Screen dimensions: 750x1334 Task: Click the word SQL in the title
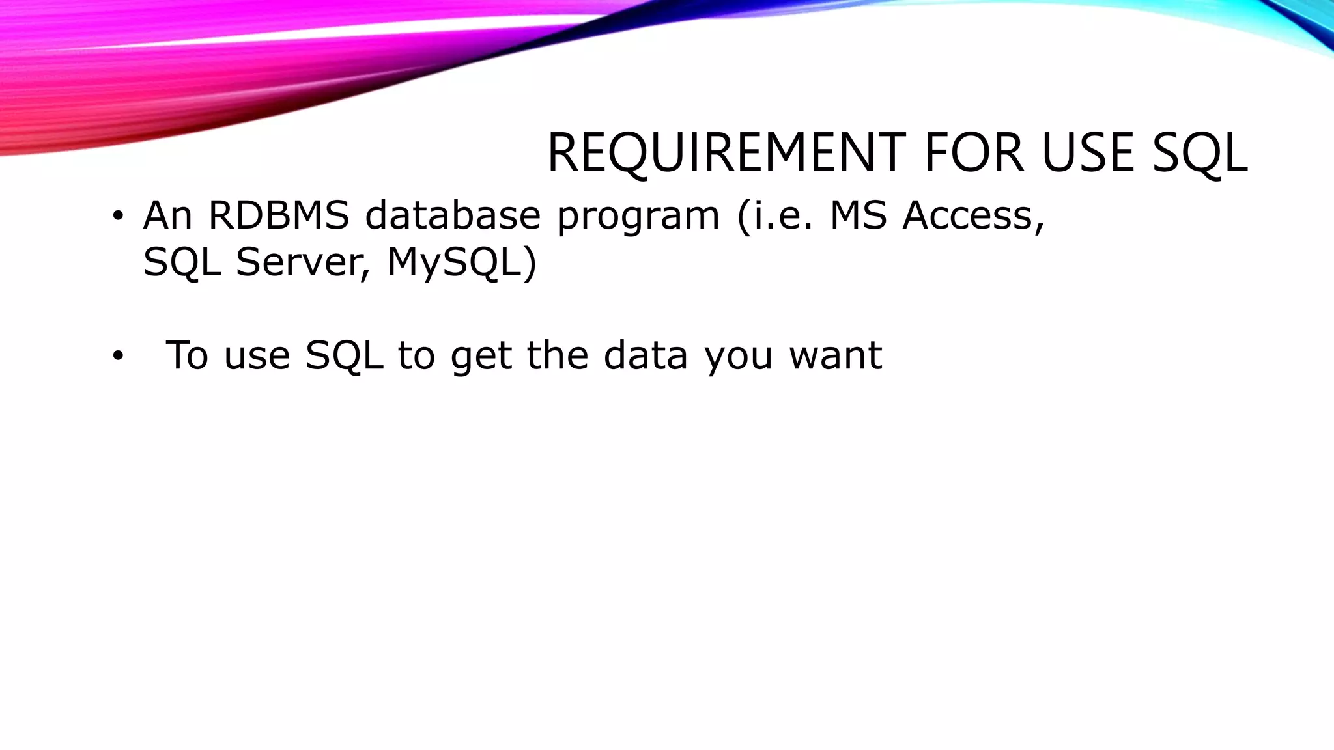coord(1200,154)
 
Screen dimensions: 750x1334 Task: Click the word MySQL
coord(462,264)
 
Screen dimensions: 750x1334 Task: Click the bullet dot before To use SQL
coord(117,356)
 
